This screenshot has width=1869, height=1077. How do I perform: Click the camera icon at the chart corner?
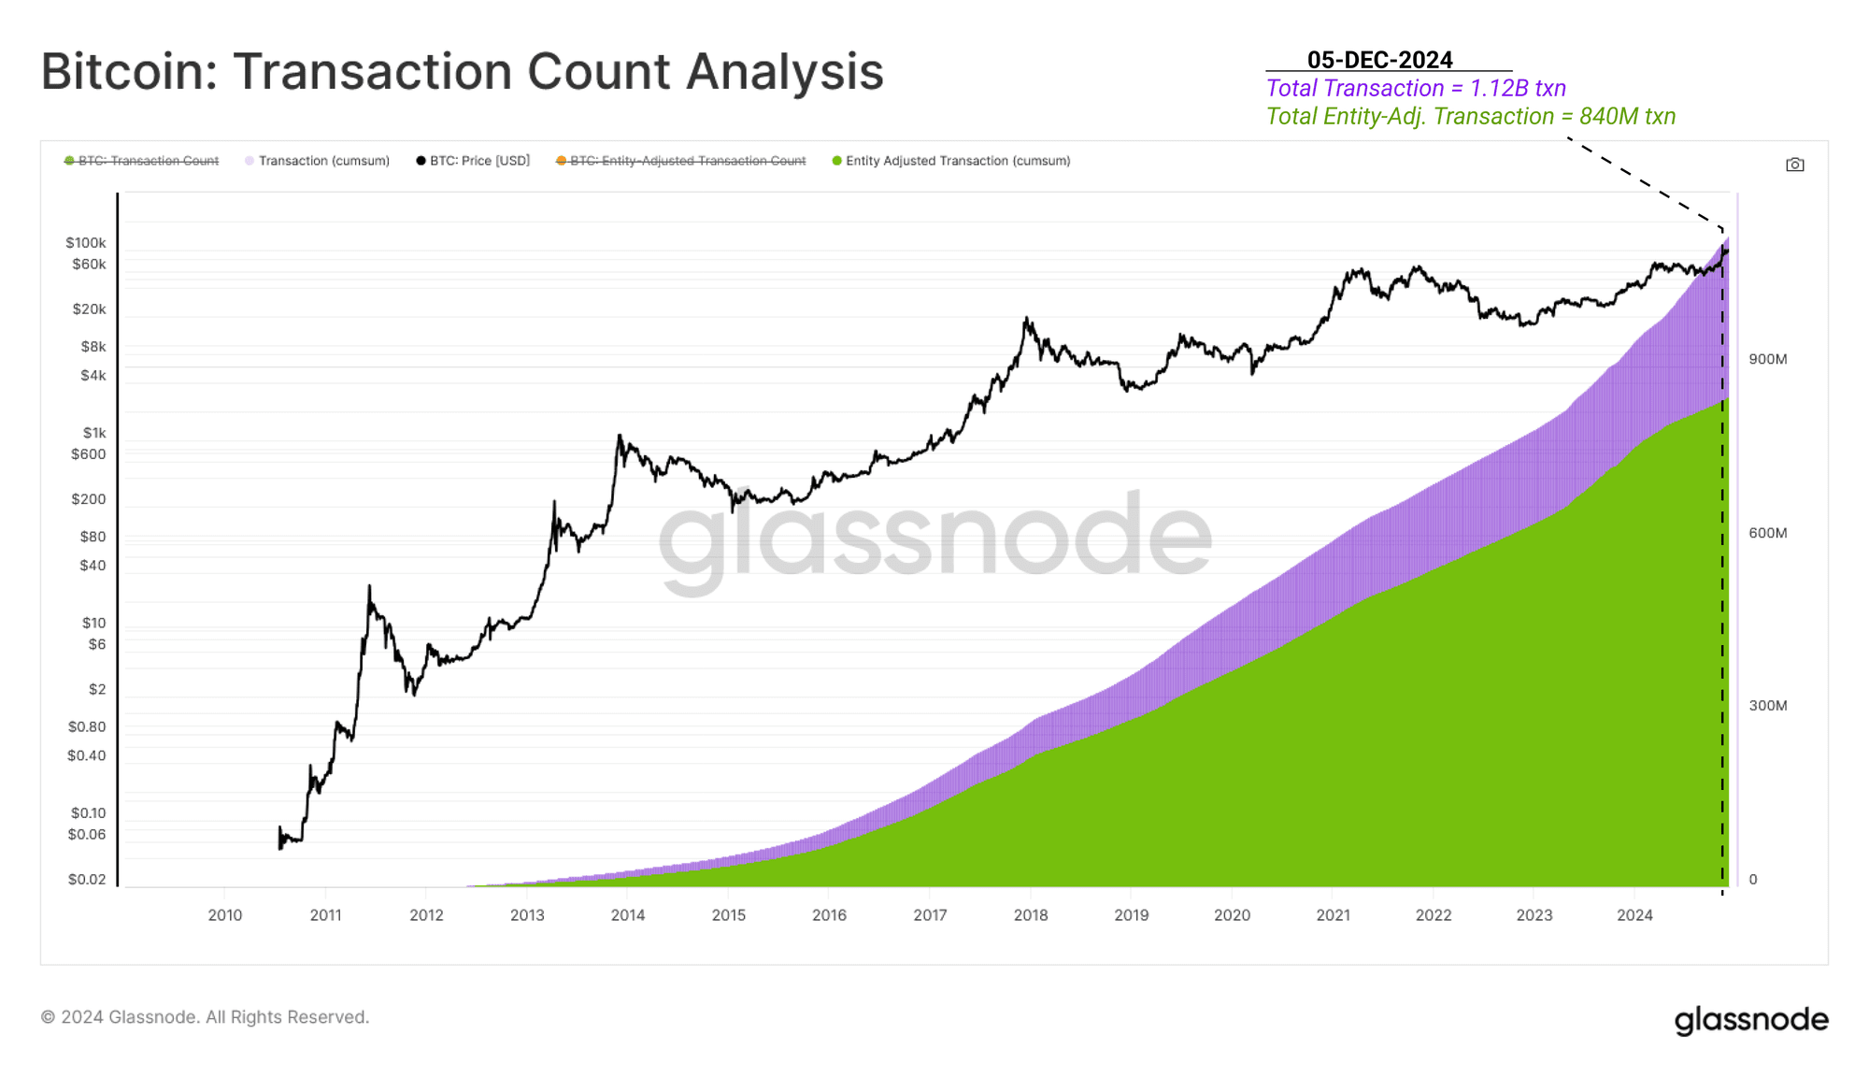tap(1794, 165)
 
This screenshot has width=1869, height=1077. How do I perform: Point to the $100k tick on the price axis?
tap(86, 243)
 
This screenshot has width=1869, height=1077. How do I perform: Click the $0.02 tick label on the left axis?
tap(87, 879)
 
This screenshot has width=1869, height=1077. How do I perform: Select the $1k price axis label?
tap(94, 433)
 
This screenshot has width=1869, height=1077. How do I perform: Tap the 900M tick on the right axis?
tap(1768, 359)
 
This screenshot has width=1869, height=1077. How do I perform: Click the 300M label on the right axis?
tap(1768, 706)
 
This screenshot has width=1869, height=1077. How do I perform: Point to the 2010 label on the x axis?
tap(225, 915)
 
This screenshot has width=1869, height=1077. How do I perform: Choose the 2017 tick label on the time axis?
tap(930, 915)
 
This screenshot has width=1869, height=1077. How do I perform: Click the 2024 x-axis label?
tap(1634, 915)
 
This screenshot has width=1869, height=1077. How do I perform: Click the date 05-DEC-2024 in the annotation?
tap(1379, 60)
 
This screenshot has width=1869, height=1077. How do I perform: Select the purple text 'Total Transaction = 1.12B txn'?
tap(1416, 89)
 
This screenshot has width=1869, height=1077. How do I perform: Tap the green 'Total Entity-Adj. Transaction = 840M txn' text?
tap(1470, 117)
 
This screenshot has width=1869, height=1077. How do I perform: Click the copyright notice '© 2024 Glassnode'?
tap(205, 1017)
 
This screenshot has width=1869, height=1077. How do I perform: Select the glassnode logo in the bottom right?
tap(1750, 1020)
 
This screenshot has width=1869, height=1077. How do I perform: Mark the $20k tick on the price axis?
tap(90, 309)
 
